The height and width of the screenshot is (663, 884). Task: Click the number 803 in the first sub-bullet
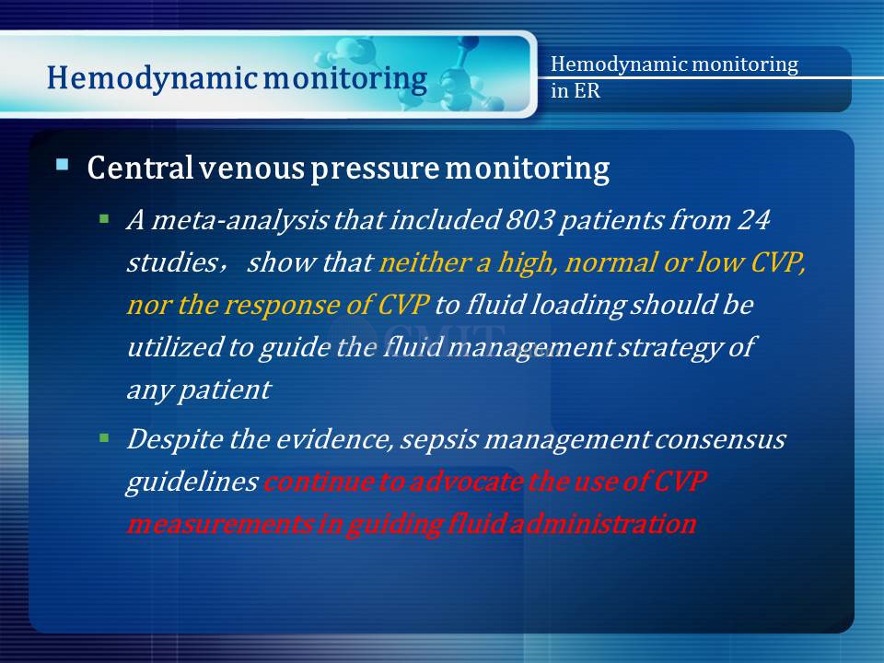coord(529,219)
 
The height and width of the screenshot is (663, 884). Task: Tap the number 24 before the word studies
coord(753,219)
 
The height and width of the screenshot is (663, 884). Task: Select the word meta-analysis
coord(239,220)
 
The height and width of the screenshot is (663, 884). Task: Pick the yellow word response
coord(282,306)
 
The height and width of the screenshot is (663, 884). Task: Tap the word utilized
coord(175,346)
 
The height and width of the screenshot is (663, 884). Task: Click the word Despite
coord(175,439)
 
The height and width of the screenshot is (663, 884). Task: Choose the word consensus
coord(720,439)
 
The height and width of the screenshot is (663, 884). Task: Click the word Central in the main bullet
coord(140,168)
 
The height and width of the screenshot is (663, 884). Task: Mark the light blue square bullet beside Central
coord(63,165)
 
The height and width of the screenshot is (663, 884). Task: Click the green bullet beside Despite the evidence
coord(104,438)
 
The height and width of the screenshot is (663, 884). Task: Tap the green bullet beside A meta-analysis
coord(104,219)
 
